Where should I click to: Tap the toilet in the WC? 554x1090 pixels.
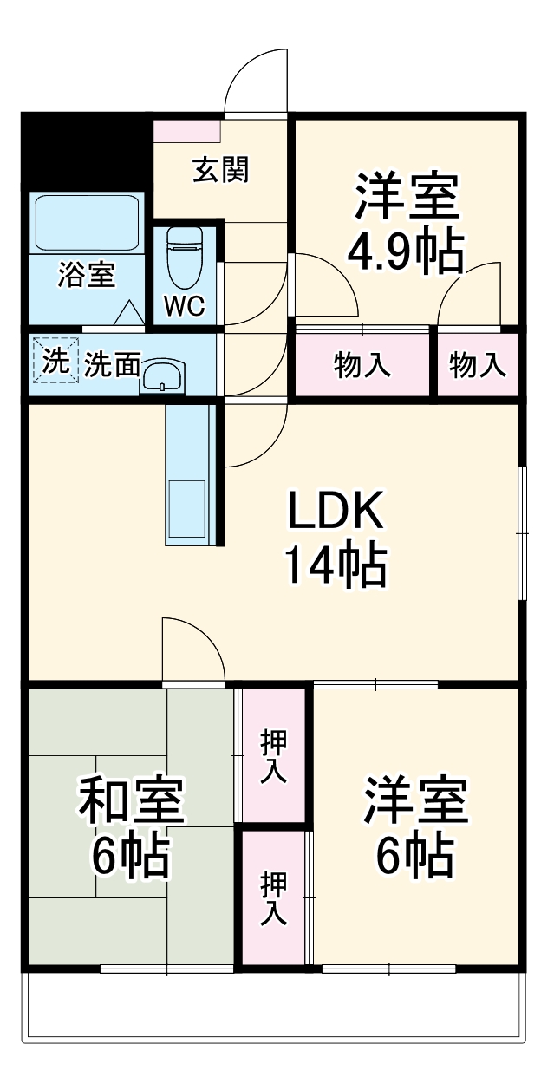183,256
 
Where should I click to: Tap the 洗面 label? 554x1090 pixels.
112,366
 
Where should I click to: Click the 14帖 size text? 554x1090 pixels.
335,567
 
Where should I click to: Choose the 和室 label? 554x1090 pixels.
132,800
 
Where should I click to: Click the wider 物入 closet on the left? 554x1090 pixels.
362,366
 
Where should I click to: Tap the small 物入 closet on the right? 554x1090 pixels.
477,366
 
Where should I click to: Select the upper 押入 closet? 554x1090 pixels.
273,756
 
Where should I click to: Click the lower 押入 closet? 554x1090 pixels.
273,897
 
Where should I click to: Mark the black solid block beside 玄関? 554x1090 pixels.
85,152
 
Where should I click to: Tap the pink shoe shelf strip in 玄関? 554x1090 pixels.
187,131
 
